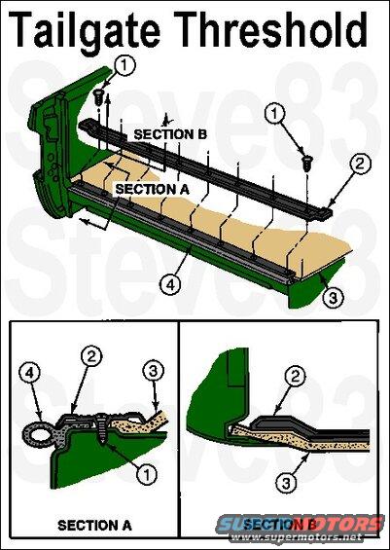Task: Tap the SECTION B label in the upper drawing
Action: [170, 134]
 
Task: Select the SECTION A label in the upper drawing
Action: [152, 189]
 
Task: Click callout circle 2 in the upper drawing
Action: [360, 164]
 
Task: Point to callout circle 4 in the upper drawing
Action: [170, 284]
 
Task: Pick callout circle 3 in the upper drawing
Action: [333, 298]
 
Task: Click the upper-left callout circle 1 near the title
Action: [124, 65]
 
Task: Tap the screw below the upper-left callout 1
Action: [99, 96]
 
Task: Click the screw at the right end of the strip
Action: [307, 164]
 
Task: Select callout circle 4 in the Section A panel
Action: [29, 373]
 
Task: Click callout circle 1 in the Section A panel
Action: [147, 474]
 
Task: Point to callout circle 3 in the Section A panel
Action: [154, 371]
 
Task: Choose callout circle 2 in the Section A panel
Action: [91, 356]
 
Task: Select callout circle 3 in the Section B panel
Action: [286, 484]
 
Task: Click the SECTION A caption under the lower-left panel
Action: [94, 526]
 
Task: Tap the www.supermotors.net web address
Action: [297, 537]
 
